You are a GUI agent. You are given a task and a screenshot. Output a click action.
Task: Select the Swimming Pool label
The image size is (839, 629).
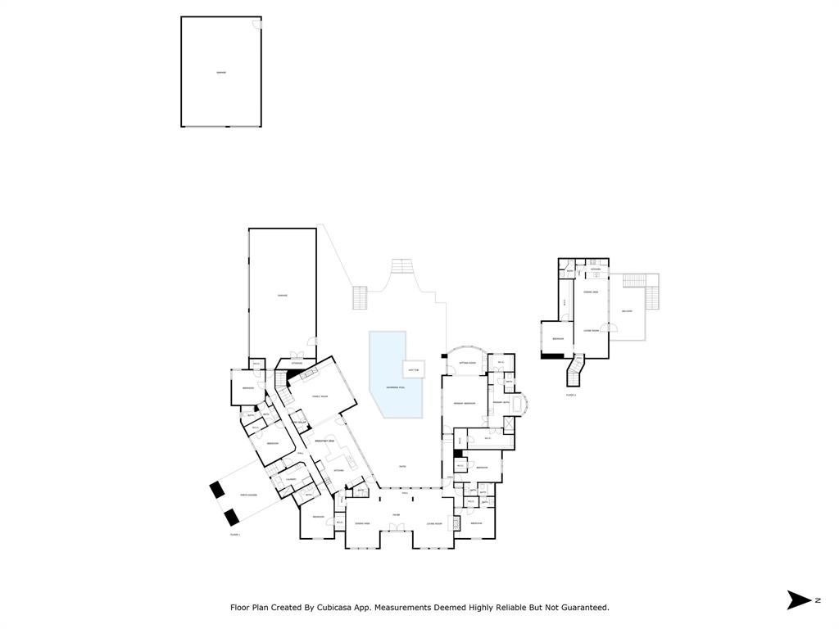394,387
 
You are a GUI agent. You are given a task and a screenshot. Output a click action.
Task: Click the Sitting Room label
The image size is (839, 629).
468,362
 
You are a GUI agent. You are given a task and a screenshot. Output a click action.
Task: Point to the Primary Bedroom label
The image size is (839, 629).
465,404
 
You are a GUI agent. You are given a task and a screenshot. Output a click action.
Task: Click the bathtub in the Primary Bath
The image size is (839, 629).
518,404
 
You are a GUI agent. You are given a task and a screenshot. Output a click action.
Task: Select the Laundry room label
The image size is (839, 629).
290,480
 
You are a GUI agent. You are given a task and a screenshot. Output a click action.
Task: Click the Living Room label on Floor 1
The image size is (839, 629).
434,523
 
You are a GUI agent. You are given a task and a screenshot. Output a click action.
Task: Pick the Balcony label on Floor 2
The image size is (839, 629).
627,311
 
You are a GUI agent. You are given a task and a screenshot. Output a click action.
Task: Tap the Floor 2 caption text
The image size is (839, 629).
570,395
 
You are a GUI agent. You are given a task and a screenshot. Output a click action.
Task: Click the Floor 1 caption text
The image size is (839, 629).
235,534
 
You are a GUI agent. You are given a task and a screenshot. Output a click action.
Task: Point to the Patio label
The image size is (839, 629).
402,467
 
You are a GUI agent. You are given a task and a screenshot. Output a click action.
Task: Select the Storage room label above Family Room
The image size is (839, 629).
297,363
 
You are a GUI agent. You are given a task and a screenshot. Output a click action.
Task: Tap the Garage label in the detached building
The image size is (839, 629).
221,72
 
